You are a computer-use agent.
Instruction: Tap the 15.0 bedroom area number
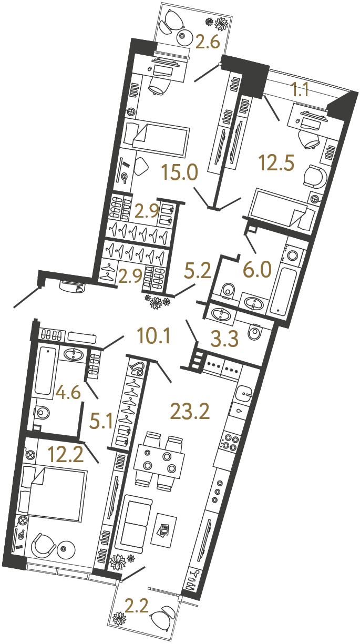[180, 171]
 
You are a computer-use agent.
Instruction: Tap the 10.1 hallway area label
[153, 335]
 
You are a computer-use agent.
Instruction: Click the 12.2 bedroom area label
[66, 453]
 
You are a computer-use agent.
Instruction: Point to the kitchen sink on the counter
[245, 392]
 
